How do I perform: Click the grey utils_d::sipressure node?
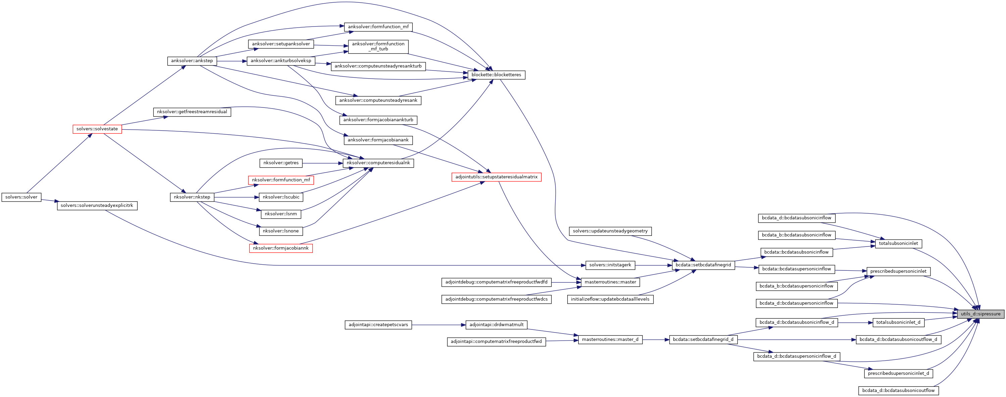980,314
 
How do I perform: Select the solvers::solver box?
21,197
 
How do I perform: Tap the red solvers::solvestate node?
97,129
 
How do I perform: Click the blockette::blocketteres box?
496,75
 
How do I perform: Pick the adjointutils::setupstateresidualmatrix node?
496,177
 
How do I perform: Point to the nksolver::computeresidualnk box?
378,163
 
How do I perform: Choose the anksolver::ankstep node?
192,61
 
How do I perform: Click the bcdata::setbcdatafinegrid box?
703,265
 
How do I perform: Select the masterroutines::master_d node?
610,340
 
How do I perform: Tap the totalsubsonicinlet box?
898,244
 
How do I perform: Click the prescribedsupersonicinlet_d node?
898,373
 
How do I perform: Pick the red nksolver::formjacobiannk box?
281,248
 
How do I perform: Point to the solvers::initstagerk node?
610,265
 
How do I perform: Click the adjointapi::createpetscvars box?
378,325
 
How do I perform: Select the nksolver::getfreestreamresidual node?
192,112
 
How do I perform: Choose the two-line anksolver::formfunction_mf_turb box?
378,46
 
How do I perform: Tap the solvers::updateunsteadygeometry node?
610,231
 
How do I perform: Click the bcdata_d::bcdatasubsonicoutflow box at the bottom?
898,390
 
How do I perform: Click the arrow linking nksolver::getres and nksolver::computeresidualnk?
322,163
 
